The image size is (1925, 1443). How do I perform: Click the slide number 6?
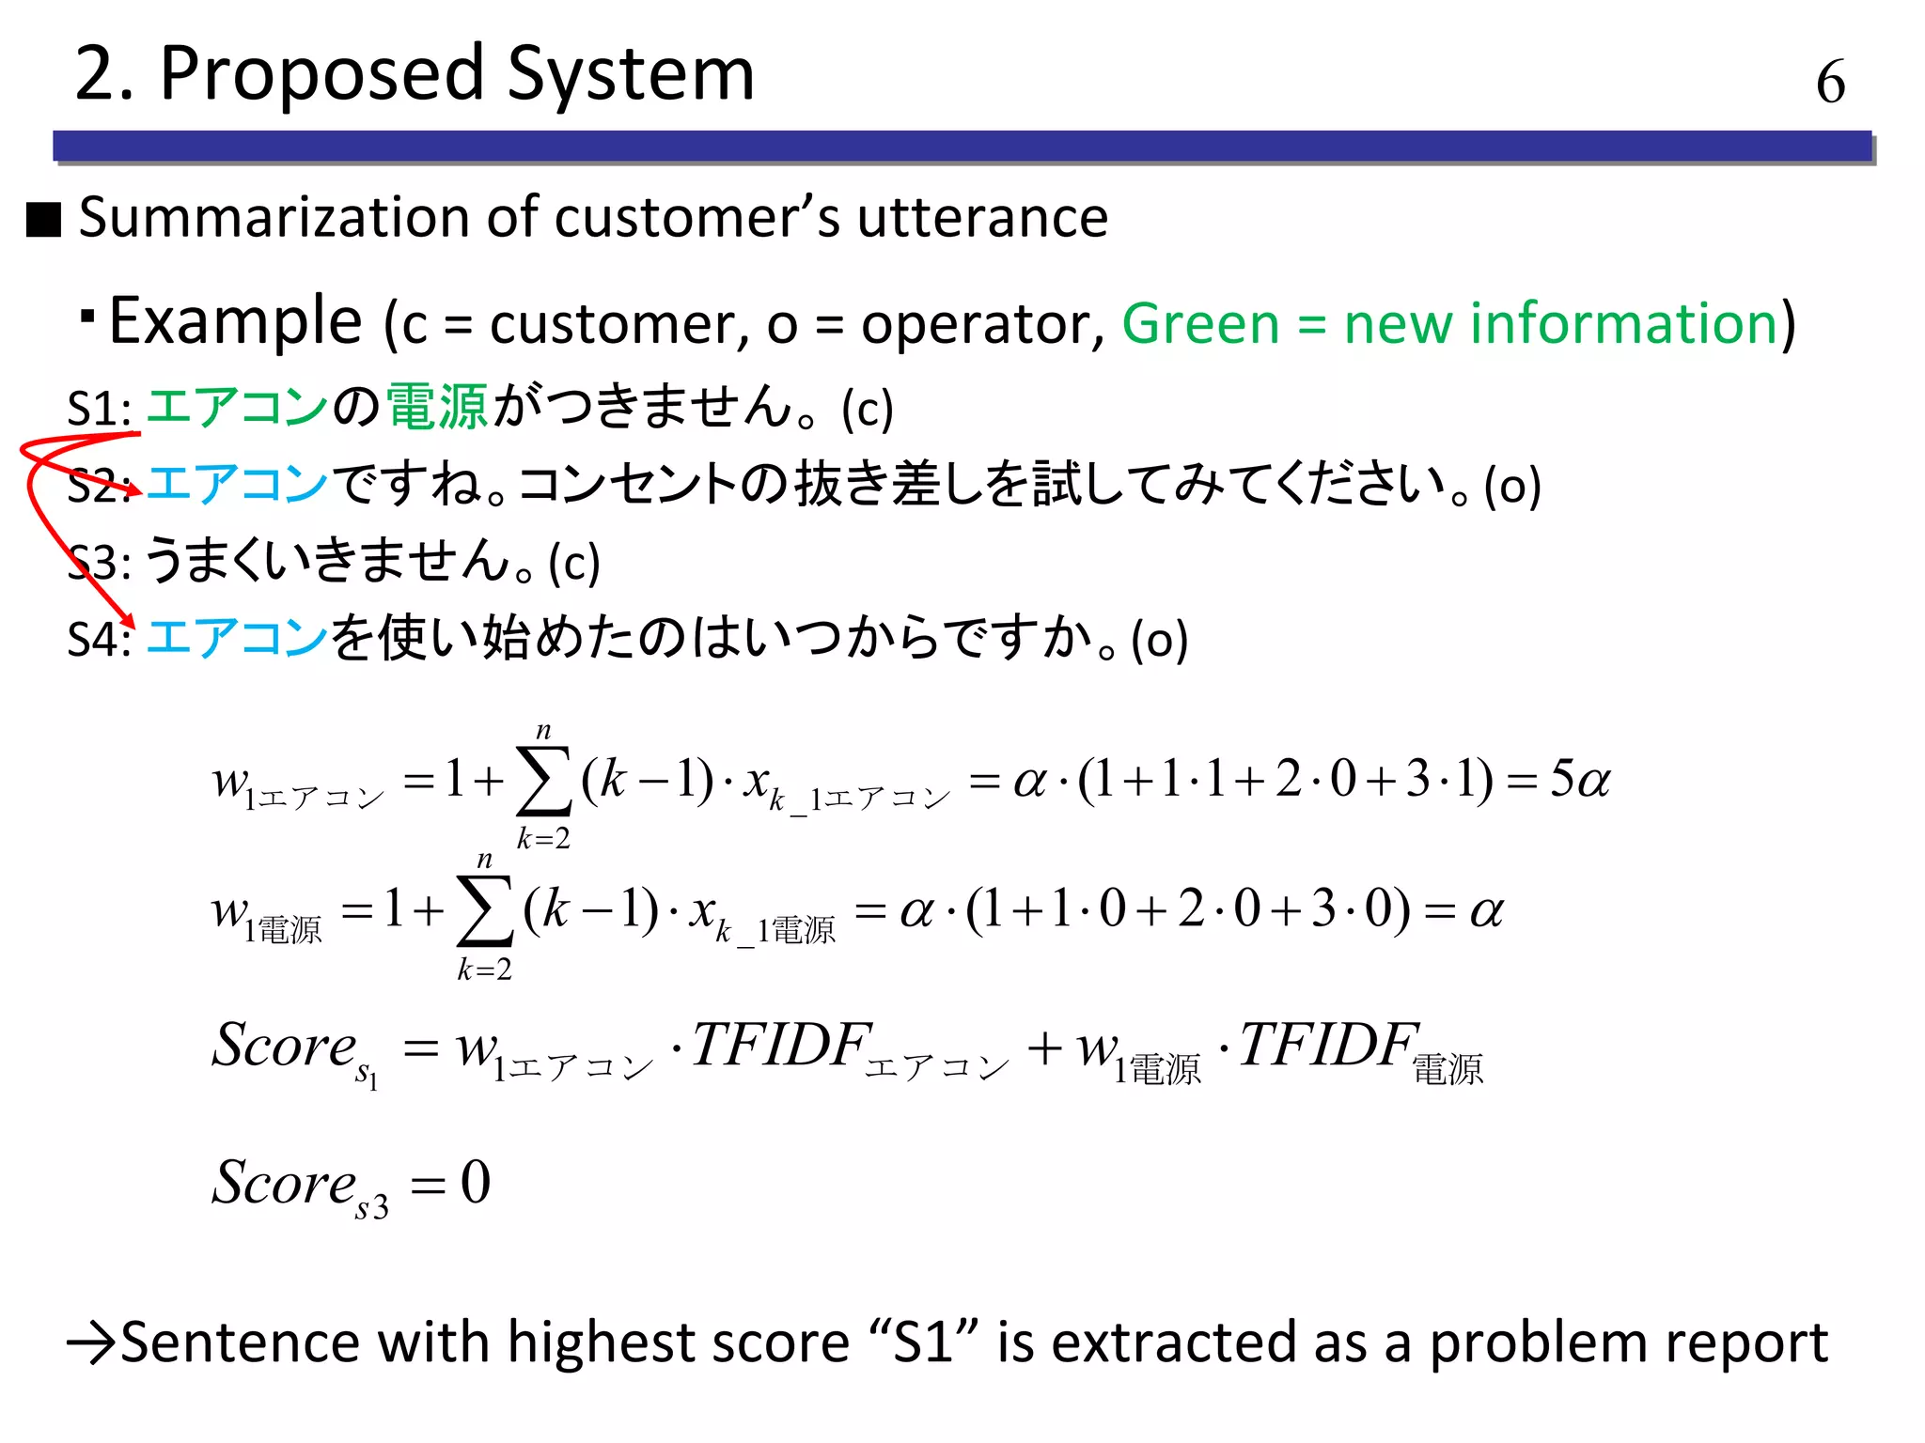click(x=1830, y=82)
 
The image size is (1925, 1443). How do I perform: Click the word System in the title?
click(x=631, y=75)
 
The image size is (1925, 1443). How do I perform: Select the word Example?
click(x=236, y=322)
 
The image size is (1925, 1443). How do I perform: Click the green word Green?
click(x=1200, y=324)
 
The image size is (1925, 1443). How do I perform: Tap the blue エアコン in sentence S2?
click(x=237, y=484)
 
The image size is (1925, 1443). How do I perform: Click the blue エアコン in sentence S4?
click(x=237, y=638)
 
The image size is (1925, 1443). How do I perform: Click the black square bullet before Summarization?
click(x=44, y=220)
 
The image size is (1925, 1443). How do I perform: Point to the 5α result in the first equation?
click(x=1579, y=780)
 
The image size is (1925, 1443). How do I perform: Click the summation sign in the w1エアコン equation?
click(x=543, y=782)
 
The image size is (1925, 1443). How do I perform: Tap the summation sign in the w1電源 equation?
click(x=484, y=911)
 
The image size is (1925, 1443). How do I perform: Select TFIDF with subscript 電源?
click(x=1328, y=1045)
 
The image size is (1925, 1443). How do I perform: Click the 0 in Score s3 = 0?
click(x=476, y=1182)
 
